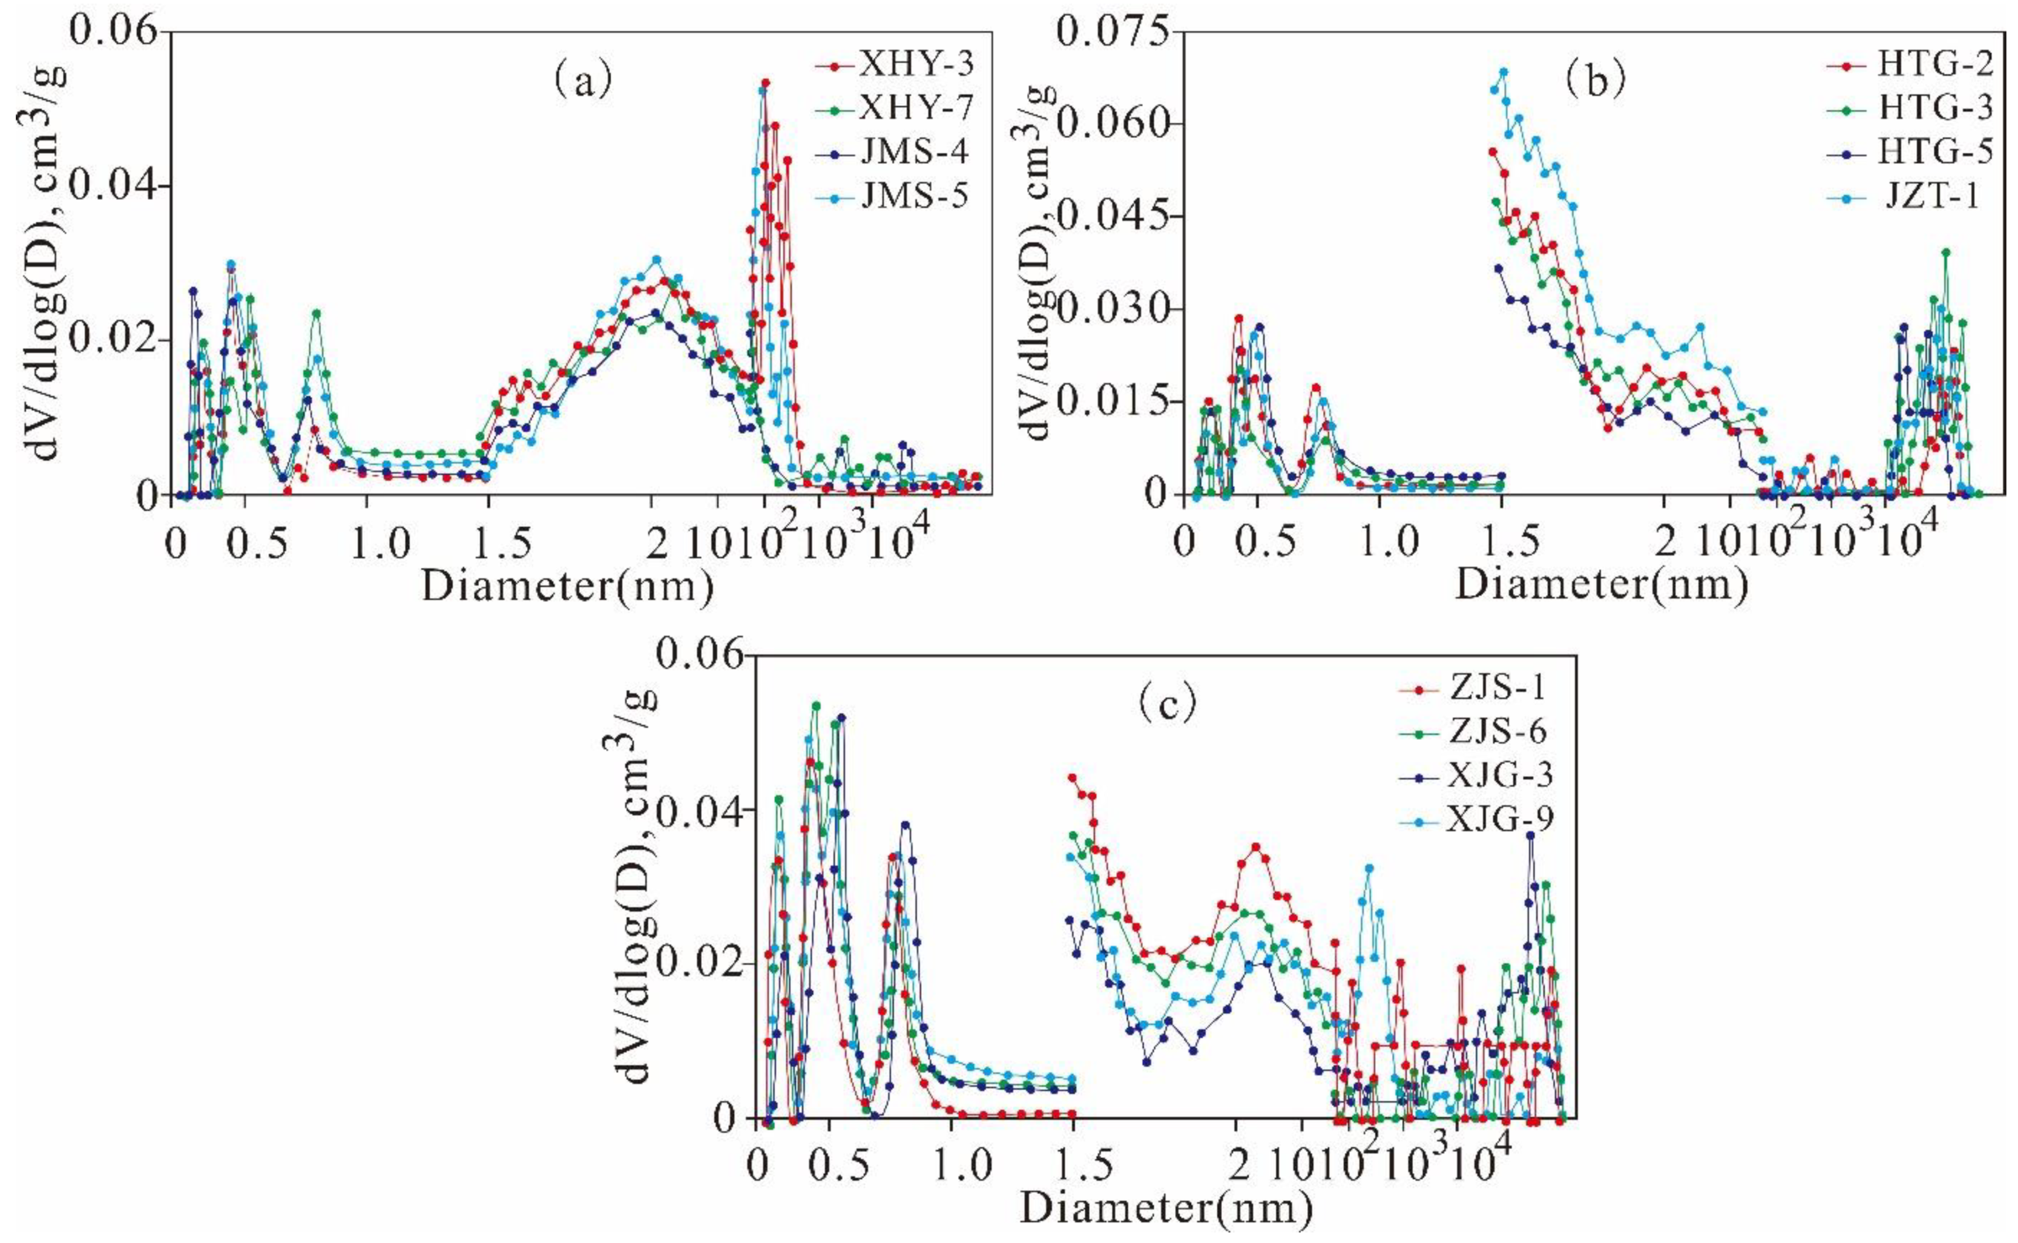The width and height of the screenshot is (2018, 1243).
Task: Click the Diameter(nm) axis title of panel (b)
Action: click(1602, 586)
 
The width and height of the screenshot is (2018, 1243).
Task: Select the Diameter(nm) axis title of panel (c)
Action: click(1166, 1208)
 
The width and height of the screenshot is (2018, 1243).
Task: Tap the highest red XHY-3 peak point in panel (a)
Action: click(765, 83)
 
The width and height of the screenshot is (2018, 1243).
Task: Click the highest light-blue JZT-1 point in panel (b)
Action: click(1503, 95)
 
